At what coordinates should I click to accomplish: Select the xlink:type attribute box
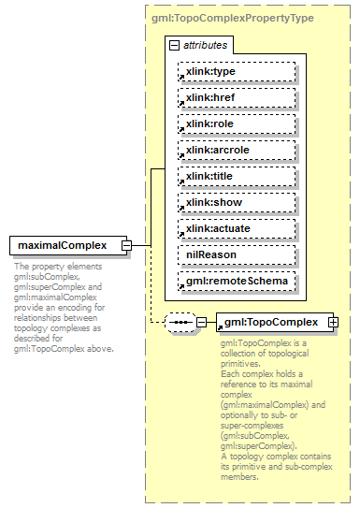(236, 71)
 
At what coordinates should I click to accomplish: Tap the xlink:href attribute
(236, 97)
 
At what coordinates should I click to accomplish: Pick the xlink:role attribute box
(236, 123)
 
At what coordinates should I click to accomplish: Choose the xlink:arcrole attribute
(236, 150)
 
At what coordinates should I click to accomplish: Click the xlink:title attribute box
(236, 176)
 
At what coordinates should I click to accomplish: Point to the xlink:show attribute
(236, 202)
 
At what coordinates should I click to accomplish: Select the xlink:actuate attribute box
(236, 228)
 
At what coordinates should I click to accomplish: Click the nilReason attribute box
(236, 254)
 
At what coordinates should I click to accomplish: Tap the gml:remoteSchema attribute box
(236, 281)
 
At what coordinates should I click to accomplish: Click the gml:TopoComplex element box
(270, 323)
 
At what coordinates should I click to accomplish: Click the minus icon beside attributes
(174, 45)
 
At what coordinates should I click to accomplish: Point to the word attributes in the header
(204, 45)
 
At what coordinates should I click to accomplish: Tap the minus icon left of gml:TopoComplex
(201, 323)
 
